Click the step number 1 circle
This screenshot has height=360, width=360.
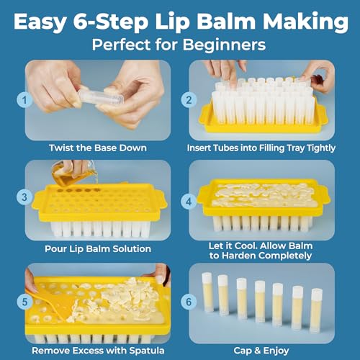click(x=24, y=100)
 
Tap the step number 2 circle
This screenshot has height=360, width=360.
click(x=189, y=100)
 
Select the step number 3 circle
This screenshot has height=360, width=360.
click(x=24, y=197)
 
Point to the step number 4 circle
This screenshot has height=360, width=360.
click(x=189, y=202)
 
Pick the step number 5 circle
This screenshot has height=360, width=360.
click(x=24, y=302)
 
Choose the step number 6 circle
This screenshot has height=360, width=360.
click(x=189, y=302)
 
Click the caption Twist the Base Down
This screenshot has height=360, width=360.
click(x=98, y=148)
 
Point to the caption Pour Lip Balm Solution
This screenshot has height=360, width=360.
click(x=98, y=248)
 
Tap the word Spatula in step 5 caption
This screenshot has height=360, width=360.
click(x=147, y=351)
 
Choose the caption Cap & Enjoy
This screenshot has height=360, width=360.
click(x=261, y=351)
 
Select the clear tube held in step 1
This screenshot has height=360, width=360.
click(x=102, y=97)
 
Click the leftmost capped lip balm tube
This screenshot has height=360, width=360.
click(x=207, y=292)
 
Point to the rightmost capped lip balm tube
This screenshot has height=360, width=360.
click(x=316, y=310)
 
